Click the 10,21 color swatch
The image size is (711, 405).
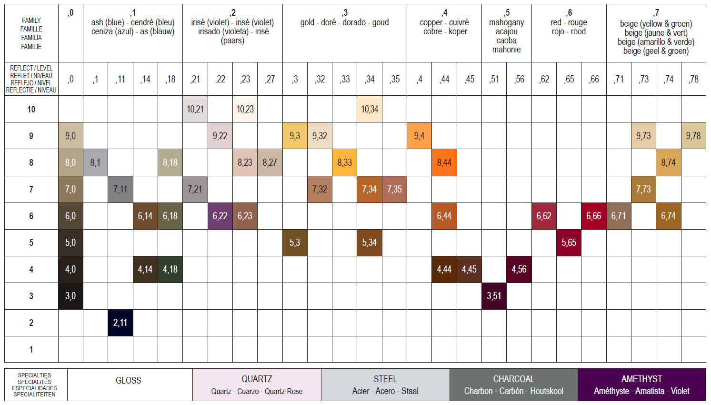tap(195, 109)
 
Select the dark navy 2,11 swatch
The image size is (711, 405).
tap(120, 323)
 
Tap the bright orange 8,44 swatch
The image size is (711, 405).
tap(444, 162)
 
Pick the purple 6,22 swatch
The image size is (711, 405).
tap(220, 216)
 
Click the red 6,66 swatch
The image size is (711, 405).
tap(594, 216)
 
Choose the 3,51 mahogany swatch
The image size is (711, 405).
tap(494, 296)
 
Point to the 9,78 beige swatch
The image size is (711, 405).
tap(693, 136)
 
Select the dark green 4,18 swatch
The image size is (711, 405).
tap(170, 269)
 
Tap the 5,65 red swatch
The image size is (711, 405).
tap(569, 243)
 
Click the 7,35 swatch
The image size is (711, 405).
tap(394, 189)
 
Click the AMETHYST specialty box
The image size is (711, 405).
tap(641, 385)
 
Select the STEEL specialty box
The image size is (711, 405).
tap(385, 385)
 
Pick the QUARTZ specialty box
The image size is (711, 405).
tap(257, 385)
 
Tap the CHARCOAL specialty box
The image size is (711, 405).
tap(513, 385)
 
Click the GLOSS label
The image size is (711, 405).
tap(129, 381)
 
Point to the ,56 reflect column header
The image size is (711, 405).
tap(519, 79)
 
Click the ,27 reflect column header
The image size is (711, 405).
tap(270, 79)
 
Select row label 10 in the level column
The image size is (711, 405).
tap(31, 109)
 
